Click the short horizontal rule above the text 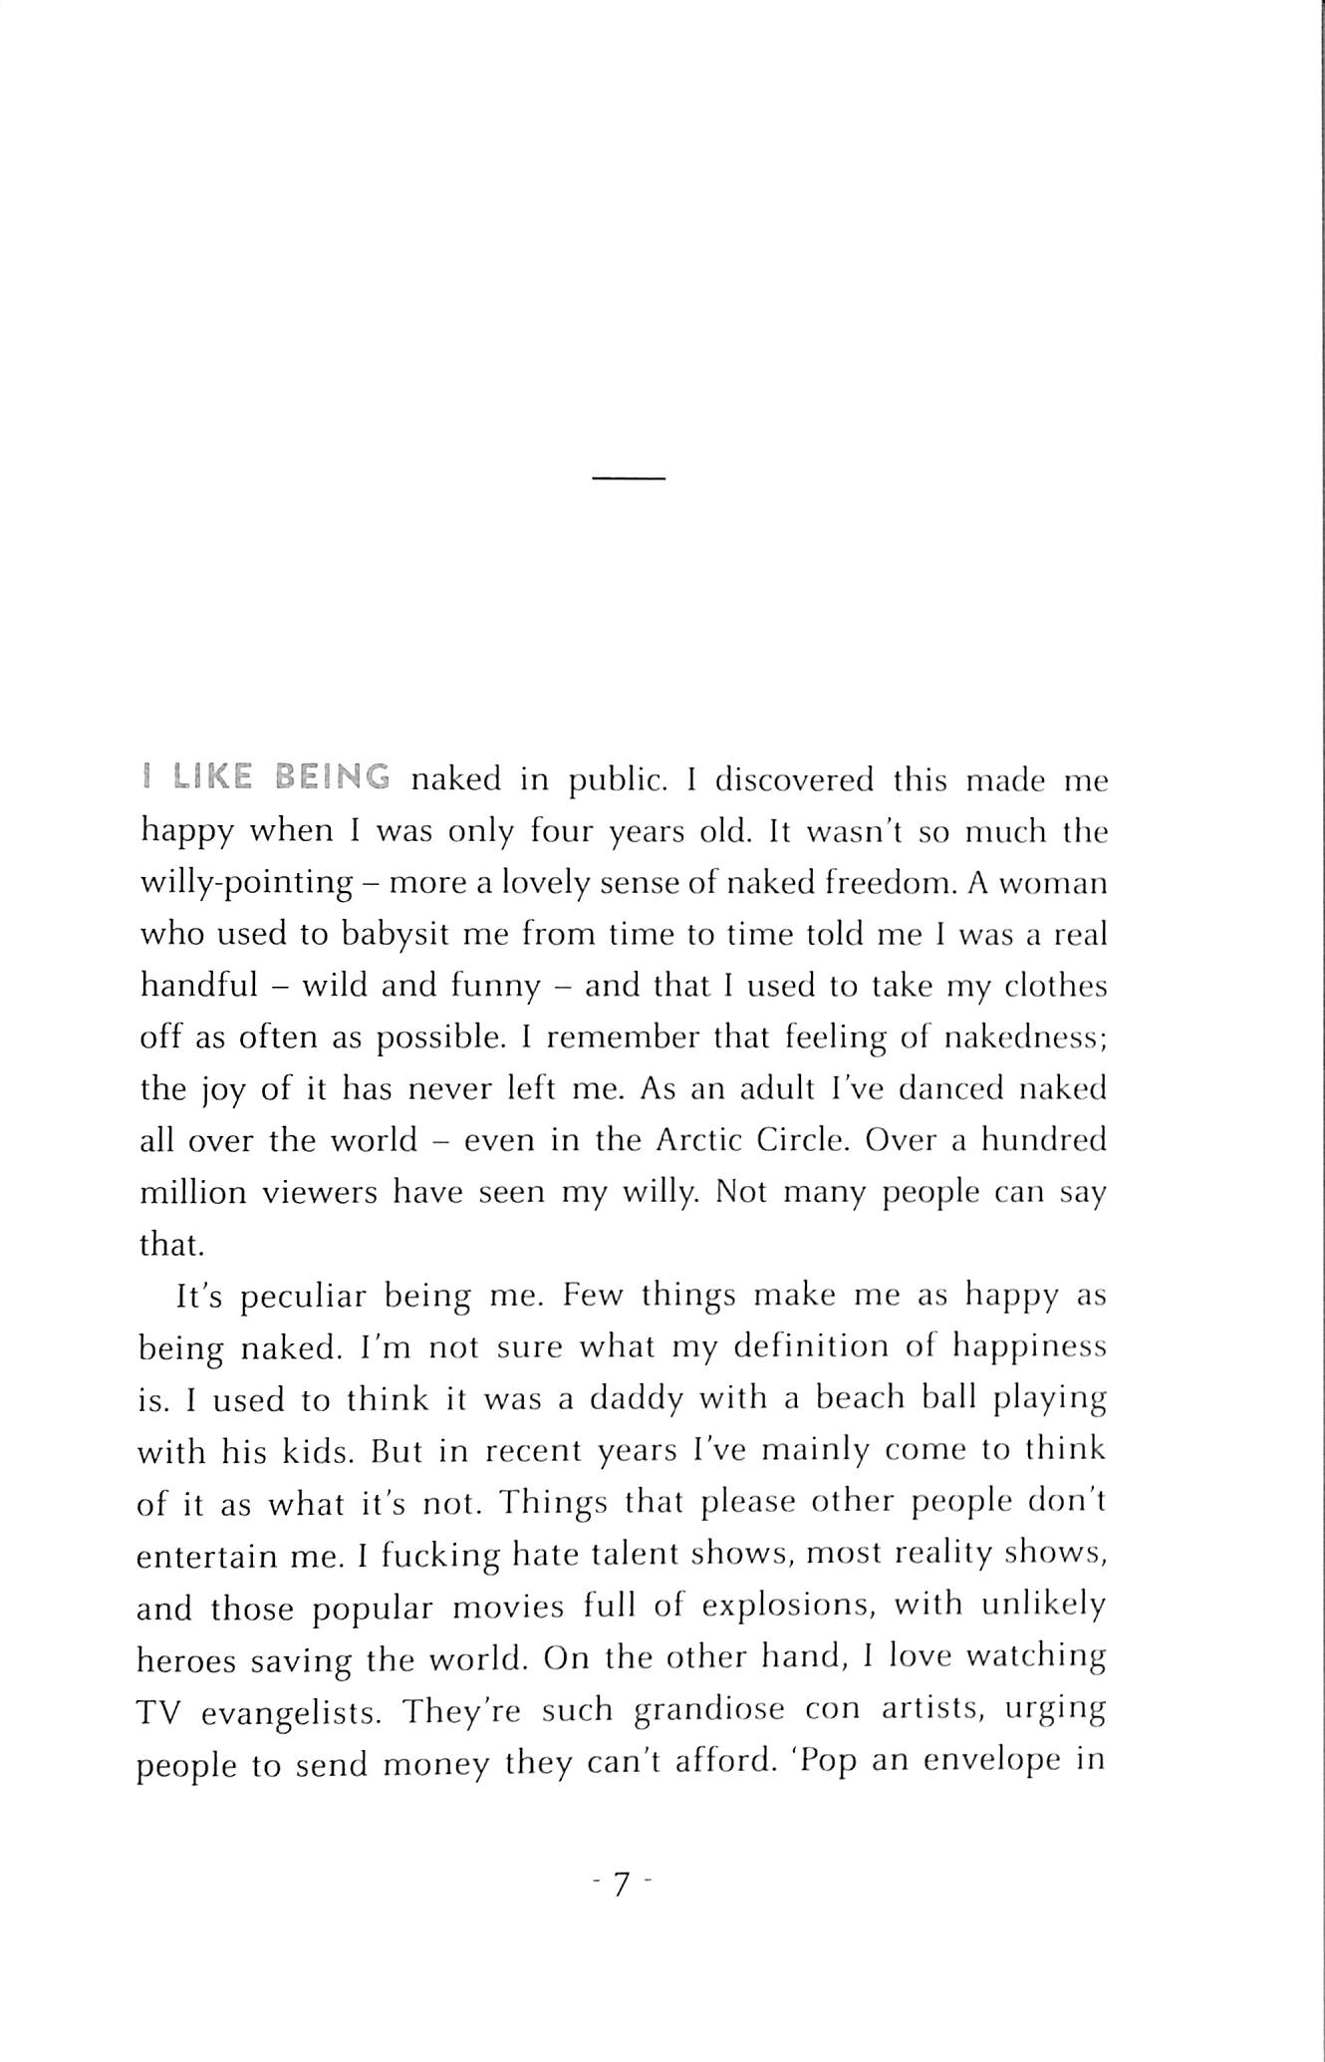point(628,479)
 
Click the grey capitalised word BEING point(332,777)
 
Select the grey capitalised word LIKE point(212,777)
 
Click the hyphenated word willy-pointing point(246,884)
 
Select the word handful point(198,986)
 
